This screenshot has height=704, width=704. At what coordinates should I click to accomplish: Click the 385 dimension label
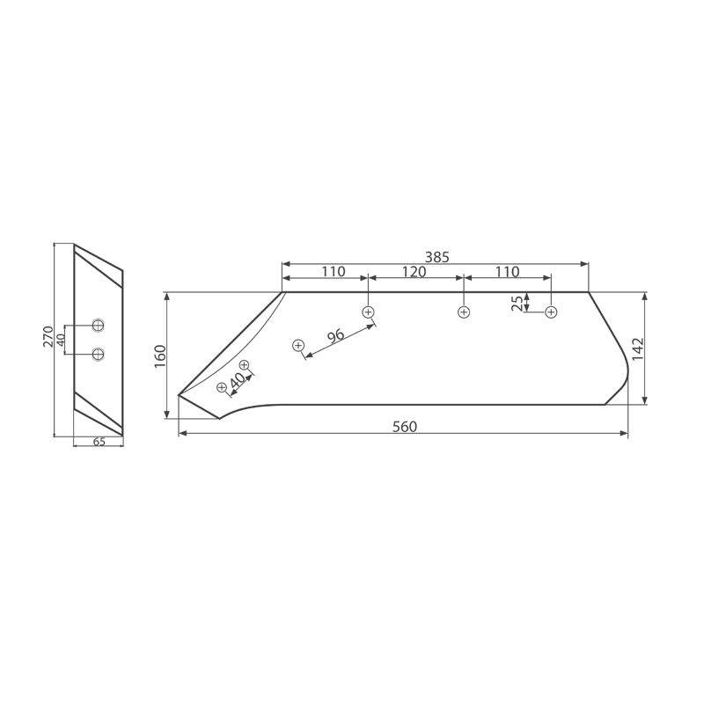click(x=436, y=257)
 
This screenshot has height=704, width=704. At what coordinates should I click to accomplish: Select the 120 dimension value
click(x=414, y=272)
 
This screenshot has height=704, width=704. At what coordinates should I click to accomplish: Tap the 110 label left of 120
click(x=334, y=272)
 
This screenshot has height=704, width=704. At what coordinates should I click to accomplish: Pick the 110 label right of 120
click(x=508, y=272)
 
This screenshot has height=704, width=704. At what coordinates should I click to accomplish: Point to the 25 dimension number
click(x=517, y=304)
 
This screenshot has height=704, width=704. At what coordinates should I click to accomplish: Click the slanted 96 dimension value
click(x=336, y=336)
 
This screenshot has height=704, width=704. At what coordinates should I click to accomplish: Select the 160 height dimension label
click(x=160, y=356)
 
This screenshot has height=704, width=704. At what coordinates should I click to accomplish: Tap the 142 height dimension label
click(x=637, y=348)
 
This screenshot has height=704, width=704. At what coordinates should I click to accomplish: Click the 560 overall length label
click(x=405, y=427)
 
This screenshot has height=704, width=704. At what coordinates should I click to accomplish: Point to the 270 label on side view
click(x=48, y=336)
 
